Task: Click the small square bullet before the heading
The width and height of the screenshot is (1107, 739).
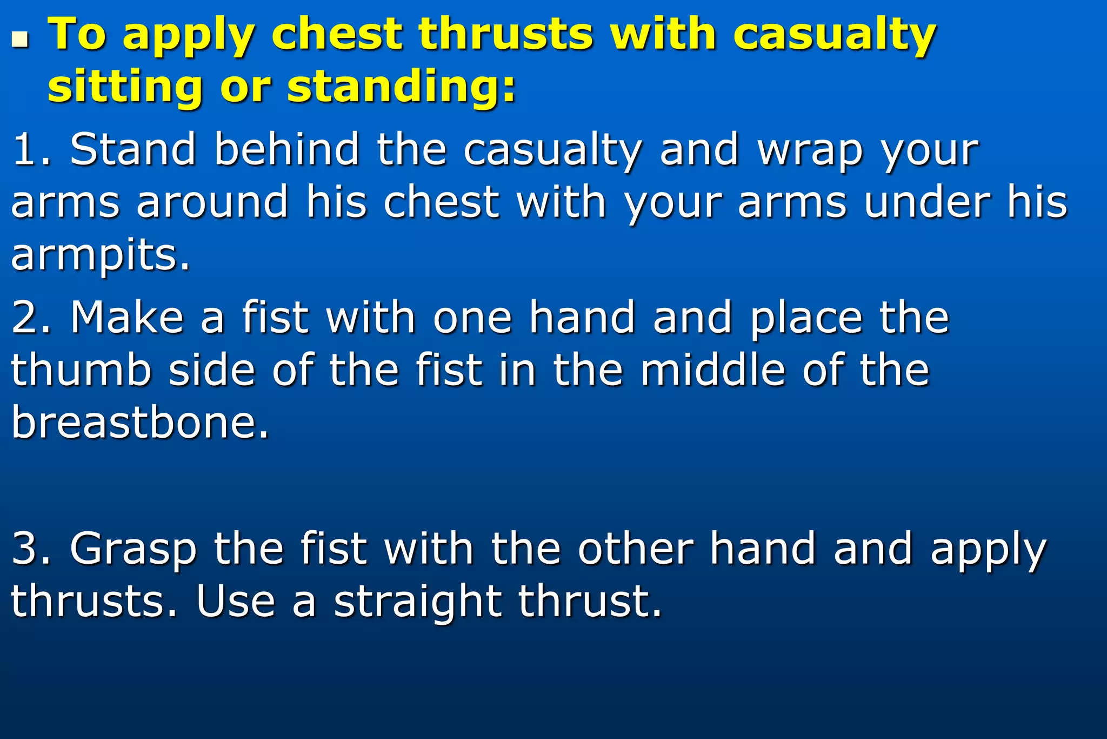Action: (20, 39)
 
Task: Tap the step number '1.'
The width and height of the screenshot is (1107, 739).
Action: (31, 149)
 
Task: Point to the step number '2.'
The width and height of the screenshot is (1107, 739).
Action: (31, 318)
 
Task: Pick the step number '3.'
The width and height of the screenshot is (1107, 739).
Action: (31, 549)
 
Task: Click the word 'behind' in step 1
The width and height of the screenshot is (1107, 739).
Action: (286, 149)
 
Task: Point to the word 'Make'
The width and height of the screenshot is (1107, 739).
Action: (127, 318)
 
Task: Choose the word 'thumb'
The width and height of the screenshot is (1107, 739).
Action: (81, 370)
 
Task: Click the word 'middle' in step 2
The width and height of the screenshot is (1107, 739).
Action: (712, 370)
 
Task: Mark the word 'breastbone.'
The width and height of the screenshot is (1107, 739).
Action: (140, 423)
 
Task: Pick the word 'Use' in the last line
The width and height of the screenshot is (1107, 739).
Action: (236, 601)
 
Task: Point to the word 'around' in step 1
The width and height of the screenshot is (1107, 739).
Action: (212, 202)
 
